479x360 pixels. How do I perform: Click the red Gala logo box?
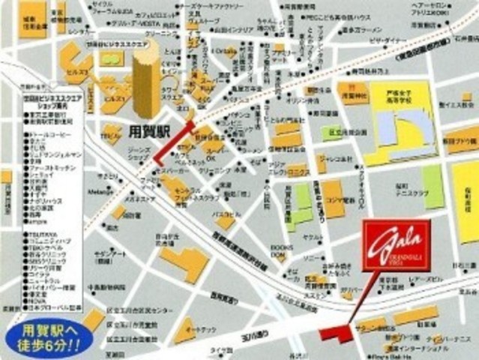point(396,245)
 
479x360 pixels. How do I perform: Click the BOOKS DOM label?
point(281,251)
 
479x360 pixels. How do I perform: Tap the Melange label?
point(100,192)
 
